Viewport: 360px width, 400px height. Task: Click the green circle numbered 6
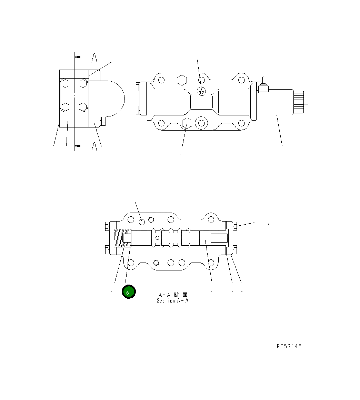click(x=129, y=292)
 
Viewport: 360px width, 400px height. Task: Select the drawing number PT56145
click(x=289, y=346)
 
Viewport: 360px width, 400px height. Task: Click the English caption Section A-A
click(x=172, y=301)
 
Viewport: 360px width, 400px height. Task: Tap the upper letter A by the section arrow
click(x=94, y=58)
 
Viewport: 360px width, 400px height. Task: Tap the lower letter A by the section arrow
click(x=94, y=147)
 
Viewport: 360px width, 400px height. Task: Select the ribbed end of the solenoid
click(x=299, y=102)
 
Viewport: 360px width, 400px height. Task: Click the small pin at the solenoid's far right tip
click(x=308, y=102)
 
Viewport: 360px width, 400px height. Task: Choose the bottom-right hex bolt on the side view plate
click(x=83, y=107)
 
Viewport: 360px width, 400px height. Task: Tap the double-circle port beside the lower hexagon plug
click(x=201, y=123)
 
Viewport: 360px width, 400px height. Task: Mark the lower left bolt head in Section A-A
click(x=107, y=250)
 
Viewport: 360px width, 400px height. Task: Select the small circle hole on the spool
click(x=158, y=238)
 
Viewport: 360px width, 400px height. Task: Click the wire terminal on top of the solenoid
click(x=262, y=84)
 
